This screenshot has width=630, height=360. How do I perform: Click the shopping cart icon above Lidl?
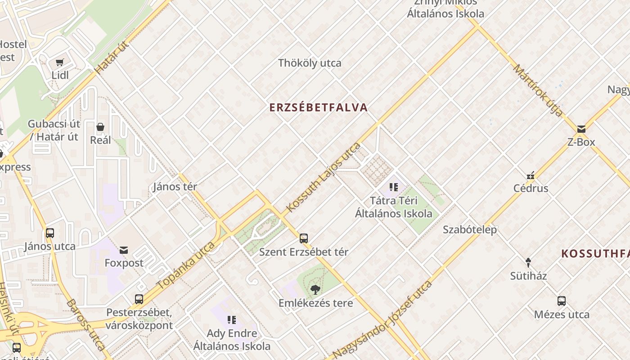click(60, 63)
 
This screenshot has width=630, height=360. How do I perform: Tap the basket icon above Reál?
click(100, 127)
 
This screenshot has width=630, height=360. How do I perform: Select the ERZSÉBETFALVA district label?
click(319, 108)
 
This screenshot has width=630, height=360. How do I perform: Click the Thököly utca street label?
click(310, 63)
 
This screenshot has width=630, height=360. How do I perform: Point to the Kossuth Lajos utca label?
click(324, 177)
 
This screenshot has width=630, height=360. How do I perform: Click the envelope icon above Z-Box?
click(581, 129)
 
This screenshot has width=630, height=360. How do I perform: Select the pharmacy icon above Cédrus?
click(531, 175)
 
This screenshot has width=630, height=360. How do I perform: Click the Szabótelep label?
click(470, 229)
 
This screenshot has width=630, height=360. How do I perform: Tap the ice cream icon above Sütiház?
click(528, 262)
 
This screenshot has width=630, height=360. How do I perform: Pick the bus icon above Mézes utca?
click(562, 301)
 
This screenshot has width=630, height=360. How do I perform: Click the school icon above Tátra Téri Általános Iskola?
click(394, 187)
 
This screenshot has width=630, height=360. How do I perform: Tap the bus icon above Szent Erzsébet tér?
click(304, 238)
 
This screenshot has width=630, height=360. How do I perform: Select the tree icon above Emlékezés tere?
click(315, 289)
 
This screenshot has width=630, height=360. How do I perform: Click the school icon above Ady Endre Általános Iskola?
click(232, 320)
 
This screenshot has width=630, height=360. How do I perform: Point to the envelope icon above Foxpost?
click(124, 250)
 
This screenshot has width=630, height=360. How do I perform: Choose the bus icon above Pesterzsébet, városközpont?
click(139, 299)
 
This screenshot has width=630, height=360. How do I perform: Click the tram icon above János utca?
click(50, 233)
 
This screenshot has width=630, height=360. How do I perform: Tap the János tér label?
click(175, 186)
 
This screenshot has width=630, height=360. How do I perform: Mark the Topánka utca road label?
click(186, 266)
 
